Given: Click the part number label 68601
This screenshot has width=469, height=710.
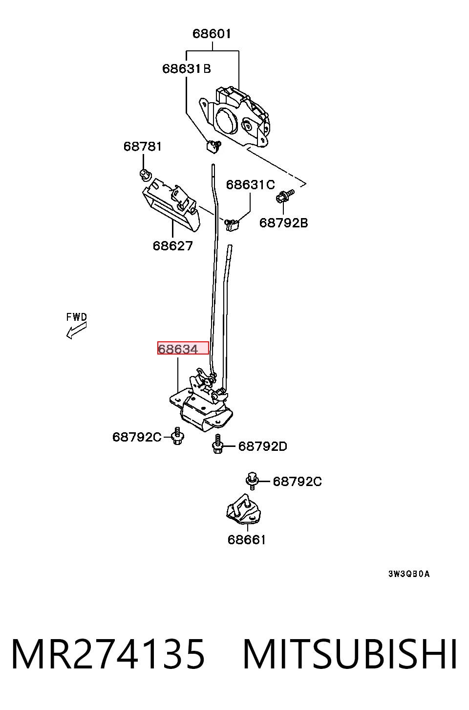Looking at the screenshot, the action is click(212, 34).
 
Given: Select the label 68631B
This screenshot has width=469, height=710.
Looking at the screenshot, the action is click(187, 68).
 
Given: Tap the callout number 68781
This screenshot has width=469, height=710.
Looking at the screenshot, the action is click(143, 146).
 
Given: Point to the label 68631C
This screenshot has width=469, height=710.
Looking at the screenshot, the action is click(250, 184).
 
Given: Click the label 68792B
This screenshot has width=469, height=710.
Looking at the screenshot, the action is click(283, 223).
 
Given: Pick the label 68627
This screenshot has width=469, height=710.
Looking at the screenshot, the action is click(172, 245).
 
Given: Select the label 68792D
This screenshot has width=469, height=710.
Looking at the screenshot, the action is click(262, 446).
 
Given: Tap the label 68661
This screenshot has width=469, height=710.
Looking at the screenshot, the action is click(246, 540).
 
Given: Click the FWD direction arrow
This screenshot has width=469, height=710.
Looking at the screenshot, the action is click(76, 330).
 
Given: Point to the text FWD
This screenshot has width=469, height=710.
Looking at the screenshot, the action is click(76, 317).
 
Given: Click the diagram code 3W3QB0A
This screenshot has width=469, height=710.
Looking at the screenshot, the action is click(409, 574).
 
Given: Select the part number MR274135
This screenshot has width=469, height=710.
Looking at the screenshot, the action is click(108, 654).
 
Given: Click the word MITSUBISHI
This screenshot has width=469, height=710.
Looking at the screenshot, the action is click(350, 654).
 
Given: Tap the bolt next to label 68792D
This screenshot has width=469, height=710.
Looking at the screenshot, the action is click(217, 444).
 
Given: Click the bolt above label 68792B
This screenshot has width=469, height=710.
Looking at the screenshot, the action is click(285, 196).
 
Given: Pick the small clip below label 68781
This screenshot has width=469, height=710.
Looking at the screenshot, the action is click(146, 175).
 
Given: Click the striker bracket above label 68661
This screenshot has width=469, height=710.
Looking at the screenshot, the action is click(243, 510).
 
